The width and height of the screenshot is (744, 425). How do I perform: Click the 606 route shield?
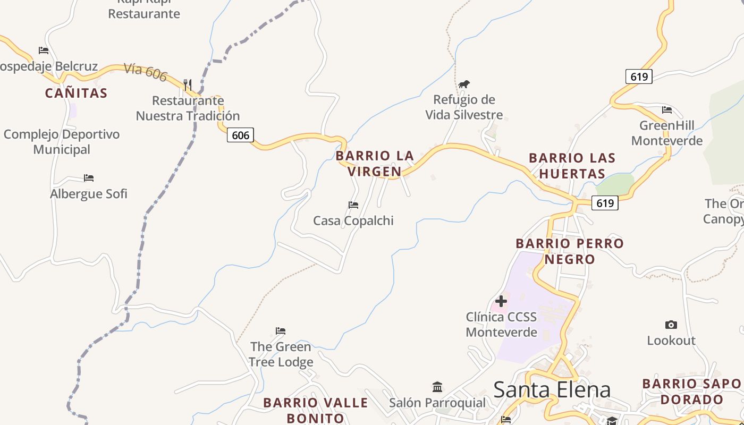click(x=240, y=135)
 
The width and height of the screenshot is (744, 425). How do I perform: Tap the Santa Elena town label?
click(x=552, y=389)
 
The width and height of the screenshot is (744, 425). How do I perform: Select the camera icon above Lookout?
click(x=671, y=325)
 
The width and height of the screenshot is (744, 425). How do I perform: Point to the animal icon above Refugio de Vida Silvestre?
click(x=464, y=84)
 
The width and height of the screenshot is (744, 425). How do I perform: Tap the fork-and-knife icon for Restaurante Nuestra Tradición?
click(x=187, y=84)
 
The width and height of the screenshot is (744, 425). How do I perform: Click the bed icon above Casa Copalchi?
click(x=353, y=205)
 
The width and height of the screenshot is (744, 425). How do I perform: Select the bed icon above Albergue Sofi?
click(x=89, y=178)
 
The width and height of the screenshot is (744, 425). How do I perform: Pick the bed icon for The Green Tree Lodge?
click(x=281, y=331)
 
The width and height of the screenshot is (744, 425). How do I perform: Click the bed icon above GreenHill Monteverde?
click(x=667, y=110)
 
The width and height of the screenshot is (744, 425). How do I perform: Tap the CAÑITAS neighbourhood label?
click(x=76, y=93)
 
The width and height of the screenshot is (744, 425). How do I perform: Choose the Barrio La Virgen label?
click(x=375, y=164)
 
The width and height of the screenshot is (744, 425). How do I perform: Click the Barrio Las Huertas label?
click(x=572, y=166)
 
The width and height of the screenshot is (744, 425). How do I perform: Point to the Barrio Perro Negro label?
click(x=570, y=251)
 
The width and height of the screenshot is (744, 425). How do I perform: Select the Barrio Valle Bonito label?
click(x=316, y=410)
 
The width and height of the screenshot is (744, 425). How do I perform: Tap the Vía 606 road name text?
click(x=146, y=72)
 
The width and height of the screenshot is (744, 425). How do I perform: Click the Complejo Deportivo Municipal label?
click(x=62, y=142)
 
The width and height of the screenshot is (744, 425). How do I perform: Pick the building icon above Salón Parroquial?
click(x=437, y=386)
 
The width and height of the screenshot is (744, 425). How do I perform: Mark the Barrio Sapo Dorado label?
click(x=691, y=392)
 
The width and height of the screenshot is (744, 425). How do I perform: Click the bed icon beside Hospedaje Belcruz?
click(x=44, y=50)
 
